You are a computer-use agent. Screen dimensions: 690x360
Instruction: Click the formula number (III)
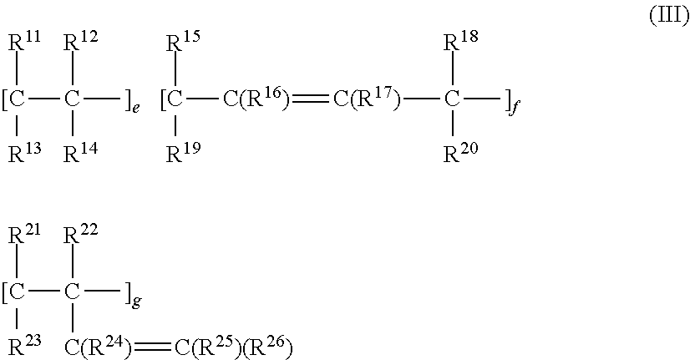(x=668, y=18)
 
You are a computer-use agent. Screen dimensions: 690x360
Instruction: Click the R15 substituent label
(x=182, y=42)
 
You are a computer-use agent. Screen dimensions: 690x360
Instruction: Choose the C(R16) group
(x=256, y=100)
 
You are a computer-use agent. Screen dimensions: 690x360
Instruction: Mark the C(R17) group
(x=367, y=100)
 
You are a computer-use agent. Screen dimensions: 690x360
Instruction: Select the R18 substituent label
(x=460, y=42)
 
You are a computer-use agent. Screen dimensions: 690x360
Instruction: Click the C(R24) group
(x=97, y=345)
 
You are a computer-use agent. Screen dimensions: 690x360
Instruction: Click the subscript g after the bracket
(x=136, y=301)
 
